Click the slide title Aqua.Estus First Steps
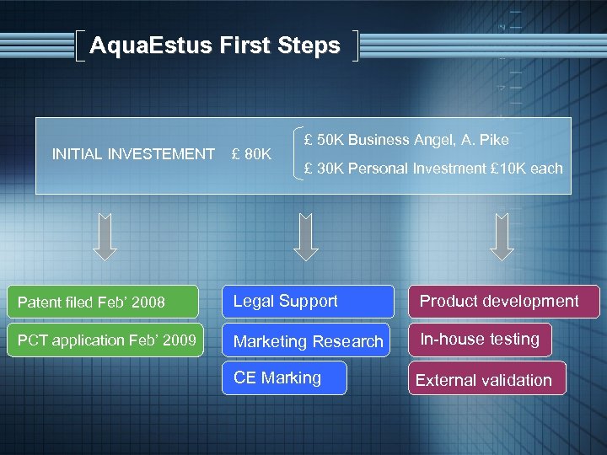click(x=214, y=45)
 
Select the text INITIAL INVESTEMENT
click(x=133, y=154)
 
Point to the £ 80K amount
click(x=251, y=154)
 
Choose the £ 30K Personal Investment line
click(x=433, y=169)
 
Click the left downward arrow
click(x=105, y=237)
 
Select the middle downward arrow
click(x=305, y=237)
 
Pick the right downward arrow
click(x=502, y=237)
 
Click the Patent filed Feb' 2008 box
click(x=102, y=302)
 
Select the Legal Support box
click(x=307, y=302)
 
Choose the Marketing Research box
click(x=307, y=340)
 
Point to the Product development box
click(x=503, y=302)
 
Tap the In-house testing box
click(x=481, y=340)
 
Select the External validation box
click(x=485, y=379)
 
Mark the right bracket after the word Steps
click(x=355, y=46)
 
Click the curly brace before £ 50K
click(x=298, y=154)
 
